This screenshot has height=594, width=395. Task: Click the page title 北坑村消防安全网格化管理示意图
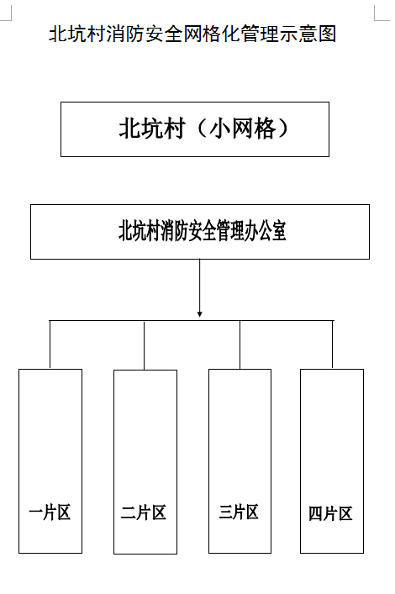pyautogui.click(x=192, y=34)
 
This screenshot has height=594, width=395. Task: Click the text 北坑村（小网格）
pyautogui.click(x=204, y=129)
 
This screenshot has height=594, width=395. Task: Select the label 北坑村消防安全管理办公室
pyautogui.click(x=202, y=231)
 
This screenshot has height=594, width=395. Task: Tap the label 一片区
pyautogui.click(x=50, y=513)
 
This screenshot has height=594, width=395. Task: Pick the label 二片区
pyautogui.click(x=144, y=513)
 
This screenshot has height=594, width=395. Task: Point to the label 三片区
pyautogui.click(x=239, y=512)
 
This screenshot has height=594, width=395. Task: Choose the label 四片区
pyautogui.click(x=330, y=513)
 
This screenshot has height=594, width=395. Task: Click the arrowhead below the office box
pyautogui.click(x=200, y=314)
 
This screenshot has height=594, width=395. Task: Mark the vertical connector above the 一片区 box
pyautogui.click(x=50, y=344)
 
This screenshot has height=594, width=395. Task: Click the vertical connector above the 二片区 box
pyautogui.click(x=144, y=345)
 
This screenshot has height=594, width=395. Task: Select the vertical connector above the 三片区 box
pyautogui.click(x=240, y=344)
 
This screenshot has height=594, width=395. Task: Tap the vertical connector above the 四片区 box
pyautogui.click(x=333, y=344)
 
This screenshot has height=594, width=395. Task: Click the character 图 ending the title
pyautogui.click(x=328, y=34)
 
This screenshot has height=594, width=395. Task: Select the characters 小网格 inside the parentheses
pyautogui.click(x=243, y=129)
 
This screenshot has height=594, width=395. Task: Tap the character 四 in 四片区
pyautogui.click(x=315, y=513)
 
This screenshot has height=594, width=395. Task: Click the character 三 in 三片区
pyautogui.click(x=225, y=512)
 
